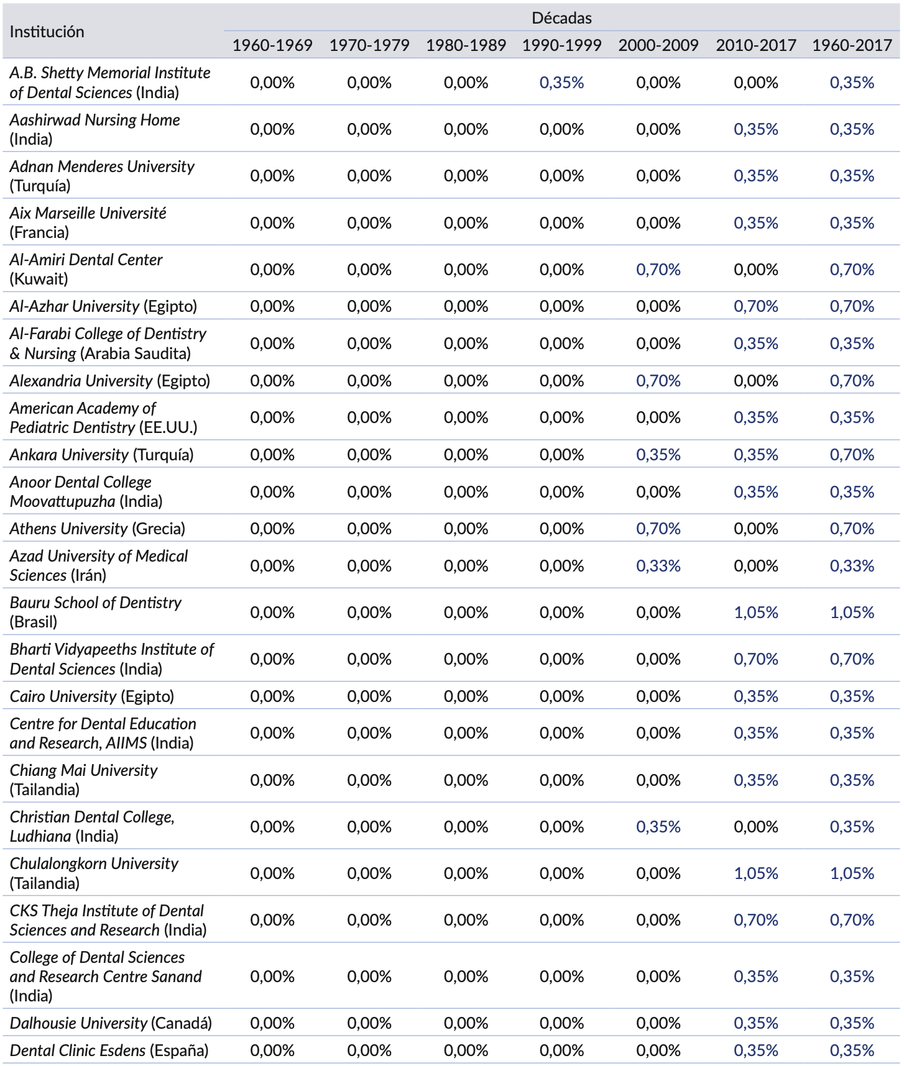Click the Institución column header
pos(47,32)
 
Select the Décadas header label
pos(561,18)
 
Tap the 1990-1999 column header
pos(561,45)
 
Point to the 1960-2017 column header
pos(852,45)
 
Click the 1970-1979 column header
pos(369,45)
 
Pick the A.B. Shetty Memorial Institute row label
pos(110,83)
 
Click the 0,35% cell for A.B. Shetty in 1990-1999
pos(561,83)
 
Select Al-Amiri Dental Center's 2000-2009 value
pos(658,270)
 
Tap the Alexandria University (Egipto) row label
pos(110,381)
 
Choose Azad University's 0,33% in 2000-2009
pos(658,566)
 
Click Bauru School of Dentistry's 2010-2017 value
pos(755,613)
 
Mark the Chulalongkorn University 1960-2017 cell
pos(852,873)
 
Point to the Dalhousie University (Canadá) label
pos(111,1023)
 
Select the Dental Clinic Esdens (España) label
pos(109,1050)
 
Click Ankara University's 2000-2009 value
pos(658,455)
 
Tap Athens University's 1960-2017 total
pos(852,529)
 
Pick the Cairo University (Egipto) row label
pos(92,696)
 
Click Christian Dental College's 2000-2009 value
pos(658,827)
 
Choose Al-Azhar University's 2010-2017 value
pos(755,306)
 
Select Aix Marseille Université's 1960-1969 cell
pos(272,223)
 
